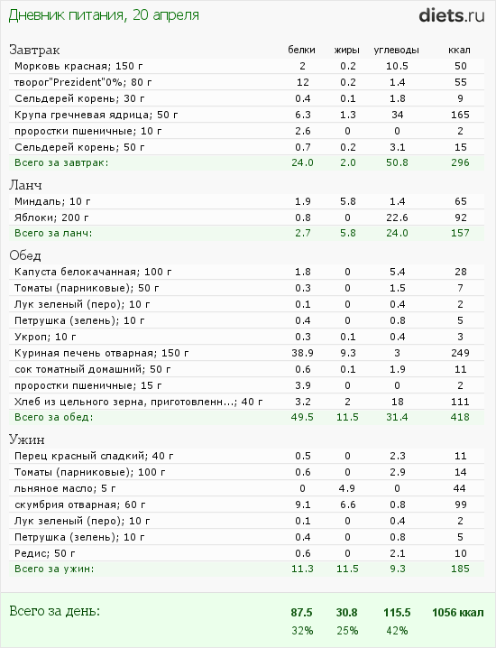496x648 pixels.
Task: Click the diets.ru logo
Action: [x=452, y=15]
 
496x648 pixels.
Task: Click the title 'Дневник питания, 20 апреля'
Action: [x=104, y=15]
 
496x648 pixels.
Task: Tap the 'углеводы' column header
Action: [x=397, y=50]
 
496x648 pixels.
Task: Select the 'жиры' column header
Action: [x=347, y=50]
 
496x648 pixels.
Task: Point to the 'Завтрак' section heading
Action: [x=34, y=50]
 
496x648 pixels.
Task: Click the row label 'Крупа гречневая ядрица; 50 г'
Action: [x=96, y=115]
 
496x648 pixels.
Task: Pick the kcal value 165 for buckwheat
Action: [x=460, y=115]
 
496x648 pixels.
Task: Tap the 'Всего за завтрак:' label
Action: [x=61, y=162]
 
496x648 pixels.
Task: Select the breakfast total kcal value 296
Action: [x=460, y=162]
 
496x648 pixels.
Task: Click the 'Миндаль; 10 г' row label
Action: [x=52, y=201]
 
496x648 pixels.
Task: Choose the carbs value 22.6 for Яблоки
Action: [x=397, y=218]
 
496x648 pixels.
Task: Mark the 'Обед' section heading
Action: [x=24, y=255]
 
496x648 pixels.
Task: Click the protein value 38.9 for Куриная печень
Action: [x=302, y=353]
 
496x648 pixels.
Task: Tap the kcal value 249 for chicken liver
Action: [x=460, y=353]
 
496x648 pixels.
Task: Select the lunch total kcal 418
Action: [x=460, y=417]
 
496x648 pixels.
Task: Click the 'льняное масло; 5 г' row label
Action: [x=65, y=488]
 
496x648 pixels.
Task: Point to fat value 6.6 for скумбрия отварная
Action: [x=347, y=505]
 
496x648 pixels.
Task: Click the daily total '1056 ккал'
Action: [x=457, y=613]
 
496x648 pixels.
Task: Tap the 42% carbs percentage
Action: [x=397, y=631]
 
